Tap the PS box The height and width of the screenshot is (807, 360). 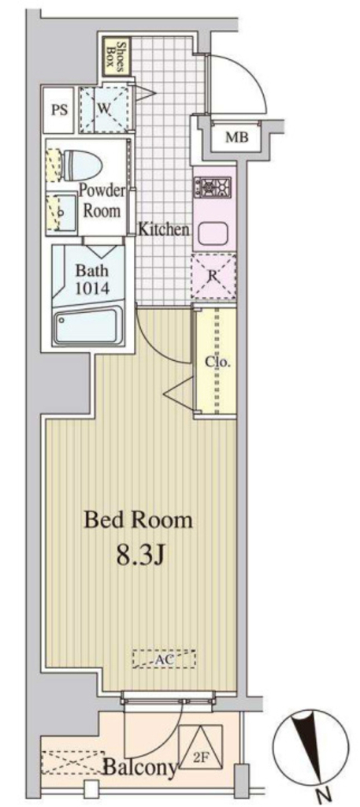click(x=60, y=110)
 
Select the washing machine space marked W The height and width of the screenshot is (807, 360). click(x=104, y=109)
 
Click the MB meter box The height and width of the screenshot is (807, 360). click(x=236, y=138)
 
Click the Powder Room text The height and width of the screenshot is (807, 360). click(x=102, y=201)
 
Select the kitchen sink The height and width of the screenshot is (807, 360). click(x=213, y=234)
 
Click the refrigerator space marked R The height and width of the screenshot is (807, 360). click(x=213, y=277)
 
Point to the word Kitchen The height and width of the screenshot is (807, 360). click(x=164, y=230)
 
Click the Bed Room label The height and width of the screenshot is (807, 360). click(x=139, y=520)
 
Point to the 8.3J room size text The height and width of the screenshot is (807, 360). click(x=139, y=556)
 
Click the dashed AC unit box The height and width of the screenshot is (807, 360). click(x=163, y=659)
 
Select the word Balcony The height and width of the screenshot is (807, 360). click(x=140, y=768)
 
